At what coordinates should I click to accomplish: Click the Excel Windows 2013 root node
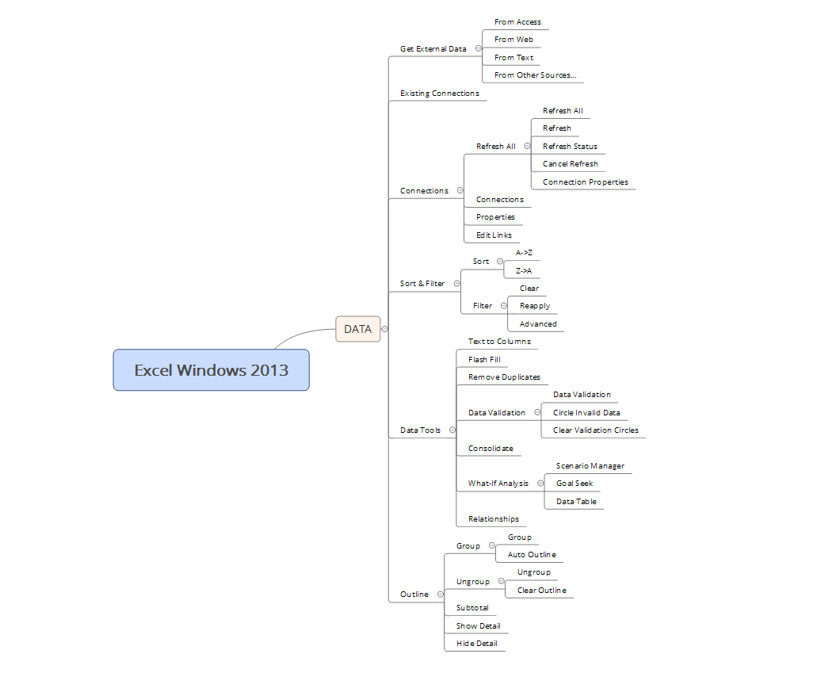(x=211, y=370)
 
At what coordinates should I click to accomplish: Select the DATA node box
(x=357, y=329)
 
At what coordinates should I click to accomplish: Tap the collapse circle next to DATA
(x=384, y=329)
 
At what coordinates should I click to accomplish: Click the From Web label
(x=513, y=40)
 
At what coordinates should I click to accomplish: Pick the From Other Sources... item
(x=535, y=75)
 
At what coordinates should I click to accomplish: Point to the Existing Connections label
(x=439, y=94)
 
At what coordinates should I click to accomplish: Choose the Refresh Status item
(x=570, y=147)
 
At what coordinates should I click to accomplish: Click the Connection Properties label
(x=585, y=182)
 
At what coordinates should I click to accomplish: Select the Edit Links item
(x=494, y=235)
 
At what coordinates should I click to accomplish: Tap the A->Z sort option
(x=524, y=253)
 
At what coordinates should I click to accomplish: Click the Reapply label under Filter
(x=534, y=306)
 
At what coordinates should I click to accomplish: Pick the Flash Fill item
(x=484, y=360)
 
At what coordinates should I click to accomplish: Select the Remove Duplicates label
(x=504, y=377)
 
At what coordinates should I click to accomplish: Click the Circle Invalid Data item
(x=586, y=413)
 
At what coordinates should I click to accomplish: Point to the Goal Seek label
(x=575, y=484)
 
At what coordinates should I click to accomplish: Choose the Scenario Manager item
(x=590, y=466)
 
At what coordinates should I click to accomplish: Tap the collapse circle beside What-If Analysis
(x=540, y=484)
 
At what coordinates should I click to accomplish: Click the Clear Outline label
(x=541, y=591)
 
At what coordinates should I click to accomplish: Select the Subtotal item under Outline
(x=472, y=608)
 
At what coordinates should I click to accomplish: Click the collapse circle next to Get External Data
(x=478, y=48)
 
